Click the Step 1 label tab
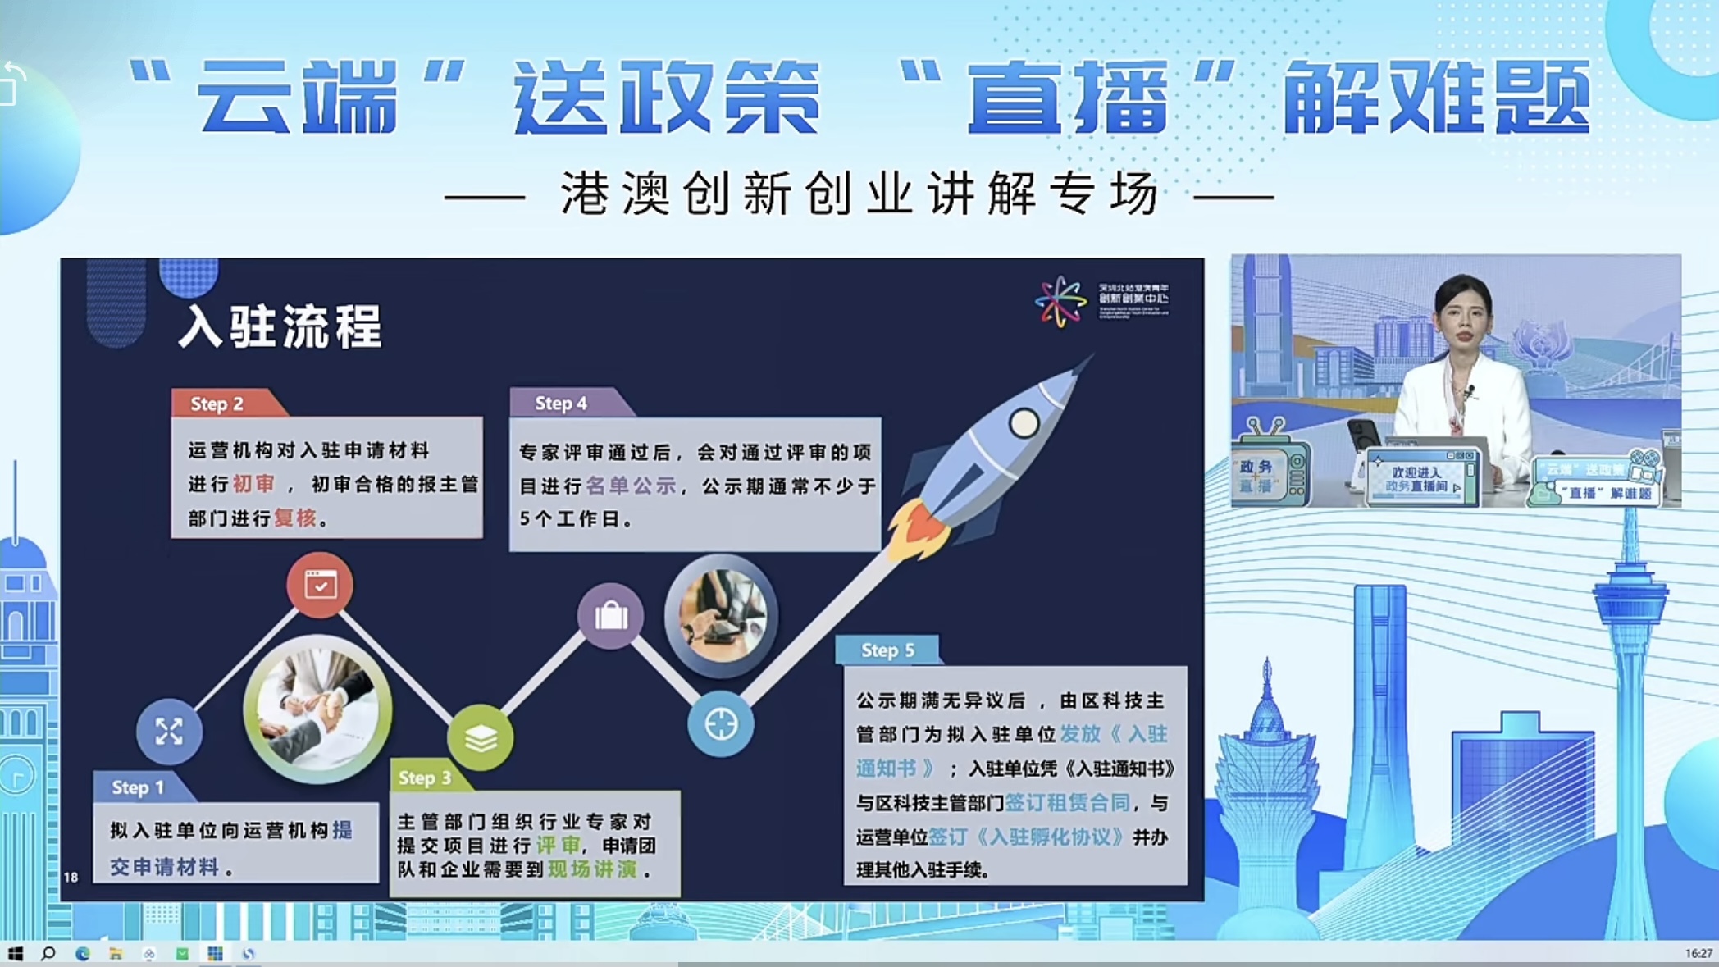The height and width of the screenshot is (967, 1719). (x=138, y=787)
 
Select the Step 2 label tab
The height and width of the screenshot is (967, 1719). (x=217, y=404)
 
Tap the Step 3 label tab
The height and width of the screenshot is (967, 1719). (x=425, y=778)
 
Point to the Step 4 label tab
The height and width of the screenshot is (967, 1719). (x=561, y=403)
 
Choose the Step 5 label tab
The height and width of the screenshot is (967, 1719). (x=887, y=650)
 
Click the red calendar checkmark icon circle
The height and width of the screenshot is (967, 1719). (x=320, y=585)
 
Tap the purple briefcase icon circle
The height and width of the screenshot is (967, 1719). (x=611, y=615)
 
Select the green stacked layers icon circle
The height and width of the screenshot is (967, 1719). (x=481, y=738)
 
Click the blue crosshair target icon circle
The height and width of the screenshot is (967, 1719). (x=721, y=724)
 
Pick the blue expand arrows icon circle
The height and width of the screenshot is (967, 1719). (x=169, y=731)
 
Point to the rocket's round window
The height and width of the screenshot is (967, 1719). (x=1024, y=423)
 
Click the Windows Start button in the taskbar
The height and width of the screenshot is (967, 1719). (x=15, y=953)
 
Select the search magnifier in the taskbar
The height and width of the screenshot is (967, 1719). (x=48, y=953)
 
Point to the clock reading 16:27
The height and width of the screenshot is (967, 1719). (x=1698, y=953)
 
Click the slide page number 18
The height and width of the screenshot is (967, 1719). (x=71, y=877)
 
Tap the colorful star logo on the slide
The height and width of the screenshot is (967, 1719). (x=1060, y=301)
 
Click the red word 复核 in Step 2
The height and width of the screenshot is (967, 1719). (x=295, y=518)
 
